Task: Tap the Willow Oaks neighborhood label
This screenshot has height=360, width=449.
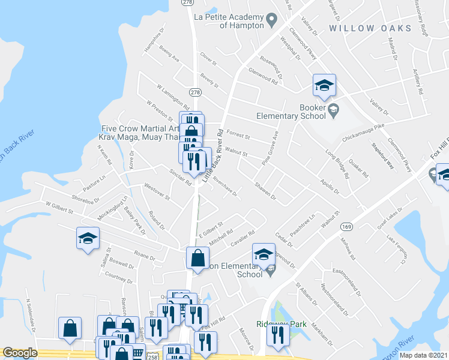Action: point(370,28)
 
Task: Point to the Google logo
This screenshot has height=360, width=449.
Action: point(20,353)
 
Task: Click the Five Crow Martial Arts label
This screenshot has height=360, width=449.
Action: point(140,128)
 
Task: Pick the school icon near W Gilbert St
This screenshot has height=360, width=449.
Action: point(88,239)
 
